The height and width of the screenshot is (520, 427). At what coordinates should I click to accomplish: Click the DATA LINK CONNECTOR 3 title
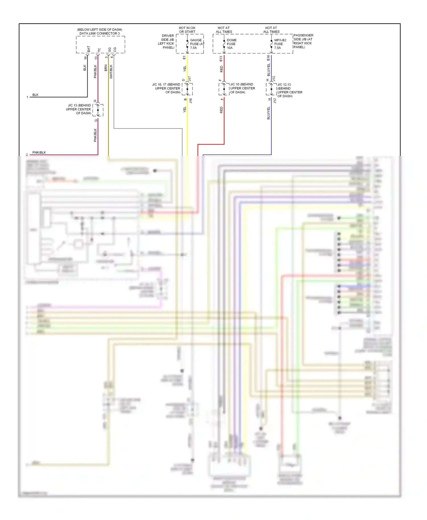coord(99,33)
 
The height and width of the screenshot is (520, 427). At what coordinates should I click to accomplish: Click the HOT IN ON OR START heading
coord(187,30)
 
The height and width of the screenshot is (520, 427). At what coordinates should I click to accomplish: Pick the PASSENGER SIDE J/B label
coord(303,41)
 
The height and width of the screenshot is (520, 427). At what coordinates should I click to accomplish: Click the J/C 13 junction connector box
coord(98,110)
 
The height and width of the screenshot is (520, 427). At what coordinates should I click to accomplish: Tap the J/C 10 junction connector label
coord(242,88)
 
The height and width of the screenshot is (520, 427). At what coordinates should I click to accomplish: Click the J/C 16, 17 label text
coord(167,88)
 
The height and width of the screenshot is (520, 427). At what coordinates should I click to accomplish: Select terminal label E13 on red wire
coord(221,59)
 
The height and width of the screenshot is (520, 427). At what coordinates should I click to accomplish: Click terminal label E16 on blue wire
coord(268,58)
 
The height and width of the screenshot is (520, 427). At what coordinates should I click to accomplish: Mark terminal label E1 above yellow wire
coord(184,58)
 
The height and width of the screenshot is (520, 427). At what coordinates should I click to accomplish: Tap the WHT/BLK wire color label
coord(111,72)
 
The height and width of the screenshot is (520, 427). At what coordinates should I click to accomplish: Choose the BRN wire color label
coord(106,68)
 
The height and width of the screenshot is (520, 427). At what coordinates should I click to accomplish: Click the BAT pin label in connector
coord(89,49)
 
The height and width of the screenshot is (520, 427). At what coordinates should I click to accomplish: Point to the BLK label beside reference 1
coord(35,95)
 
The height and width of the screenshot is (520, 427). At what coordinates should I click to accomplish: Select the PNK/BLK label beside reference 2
coord(39,152)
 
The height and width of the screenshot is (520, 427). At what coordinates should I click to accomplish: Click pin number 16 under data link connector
coord(85,58)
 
